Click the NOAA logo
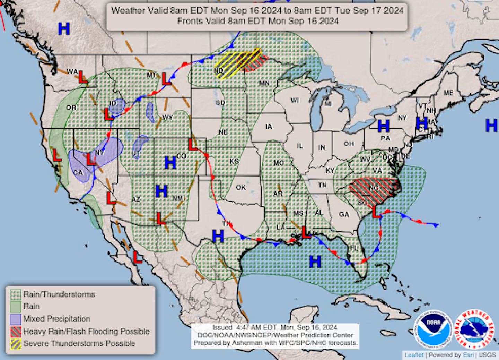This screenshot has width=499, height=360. (x=434, y=330)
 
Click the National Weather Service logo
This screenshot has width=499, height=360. (x=474, y=329)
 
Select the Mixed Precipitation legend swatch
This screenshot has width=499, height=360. (x=16, y=319)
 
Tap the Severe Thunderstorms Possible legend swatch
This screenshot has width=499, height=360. (x=16, y=344)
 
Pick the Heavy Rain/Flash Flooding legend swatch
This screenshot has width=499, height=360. (x=16, y=331)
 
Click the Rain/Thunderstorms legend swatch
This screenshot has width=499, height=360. (x=16, y=294)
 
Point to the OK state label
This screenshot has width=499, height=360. (x=240, y=188)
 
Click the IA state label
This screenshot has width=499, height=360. (x=269, y=127)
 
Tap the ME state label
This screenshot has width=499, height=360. (x=448, y=93)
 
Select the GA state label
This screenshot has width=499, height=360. (x=344, y=214)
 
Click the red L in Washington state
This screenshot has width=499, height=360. (x=82, y=77)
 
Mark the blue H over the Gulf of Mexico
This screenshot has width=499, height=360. (x=315, y=262)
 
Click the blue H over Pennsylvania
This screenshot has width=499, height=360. (x=383, y=126)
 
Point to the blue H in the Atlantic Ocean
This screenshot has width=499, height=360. (x=491, y=126)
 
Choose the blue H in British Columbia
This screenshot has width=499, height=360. (x=64, y=29)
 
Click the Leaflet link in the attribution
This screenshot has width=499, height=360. (x=414, y=355)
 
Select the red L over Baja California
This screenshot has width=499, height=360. (x=138, y=257)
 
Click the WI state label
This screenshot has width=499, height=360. (x=295, y=101)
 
